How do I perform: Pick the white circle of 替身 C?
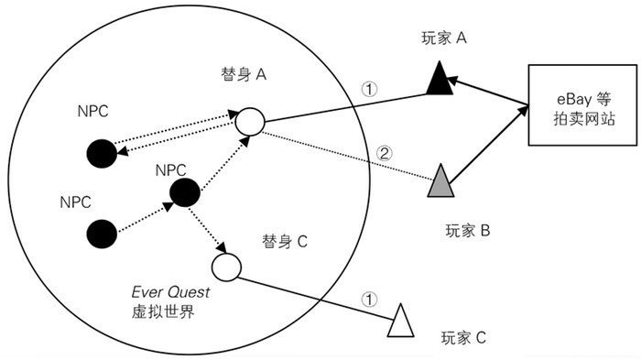[x=225, y=267]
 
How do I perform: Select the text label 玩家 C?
[x=462, y=338]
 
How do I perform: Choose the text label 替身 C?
[x=284, y=242]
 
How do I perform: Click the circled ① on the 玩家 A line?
[x=369, y=90]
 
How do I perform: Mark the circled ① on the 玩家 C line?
[x=368, y=298]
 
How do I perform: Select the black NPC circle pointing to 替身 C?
[x=184, y=192]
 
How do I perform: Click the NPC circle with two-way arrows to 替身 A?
[x=102, y=152]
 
